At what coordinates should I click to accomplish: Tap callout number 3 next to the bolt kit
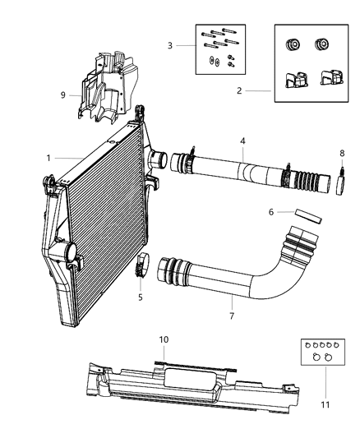(x=171, y=46)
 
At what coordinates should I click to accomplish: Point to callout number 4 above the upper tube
(x=242, y=141)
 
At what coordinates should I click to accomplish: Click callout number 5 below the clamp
(x=141, y=297)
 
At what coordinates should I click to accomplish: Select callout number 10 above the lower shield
(x=164, y=339)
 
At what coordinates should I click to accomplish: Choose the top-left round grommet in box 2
(x=291, y=44)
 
